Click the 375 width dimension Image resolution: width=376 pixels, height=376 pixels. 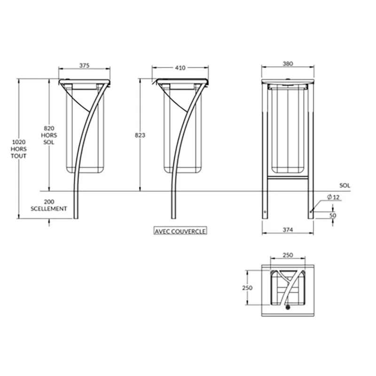pyautogui.click(x=85, y=65)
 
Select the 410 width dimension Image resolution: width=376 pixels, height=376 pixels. pyautogui.click(x=180, y=68)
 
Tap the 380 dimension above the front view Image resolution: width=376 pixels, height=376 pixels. pyautogui.click(x=288, y=63)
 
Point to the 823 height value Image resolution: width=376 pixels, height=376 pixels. pyautogui.click(x=140, y=135)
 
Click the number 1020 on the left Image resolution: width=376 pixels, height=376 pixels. pyautogui.click(x=19, y=142)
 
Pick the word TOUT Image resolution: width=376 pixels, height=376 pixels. pyautogui.click(x=18, y=156)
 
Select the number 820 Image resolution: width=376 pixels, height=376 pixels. pyautogui.click(x=49, y=128)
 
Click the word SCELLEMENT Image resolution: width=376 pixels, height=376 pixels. pyautogui.click(x=49, y=209)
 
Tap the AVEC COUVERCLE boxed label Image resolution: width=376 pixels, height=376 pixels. pyautogui.click(x=180, y=231)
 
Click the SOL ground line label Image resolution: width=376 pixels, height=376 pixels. pyautogui.click(x=345, y=185)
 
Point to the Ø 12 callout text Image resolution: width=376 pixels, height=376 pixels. pyautogui.click(x=334, y=197)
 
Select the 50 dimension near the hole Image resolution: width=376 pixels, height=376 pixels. pyautogui.click(x=333, y=215)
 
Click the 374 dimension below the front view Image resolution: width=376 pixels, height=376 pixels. pyautogui.click(x=288, y=230)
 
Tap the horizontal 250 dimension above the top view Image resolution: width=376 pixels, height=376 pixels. pyautogui.click(x=288, y=255)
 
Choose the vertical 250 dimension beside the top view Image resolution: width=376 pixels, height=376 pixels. pyautogui.click(x=247, y=288)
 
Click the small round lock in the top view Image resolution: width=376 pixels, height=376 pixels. pyautogui.click(x=288, y=307)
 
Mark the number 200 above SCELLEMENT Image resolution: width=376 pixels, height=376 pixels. pyautogui.click(x=49, y=202)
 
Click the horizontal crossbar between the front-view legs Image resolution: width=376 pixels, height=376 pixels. pyautogui.click(x=288, y=178)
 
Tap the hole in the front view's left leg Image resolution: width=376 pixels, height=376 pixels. pyautogui.click(x=265, y=212)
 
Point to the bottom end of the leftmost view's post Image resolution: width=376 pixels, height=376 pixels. pyautogui.click(x=76, y=219)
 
